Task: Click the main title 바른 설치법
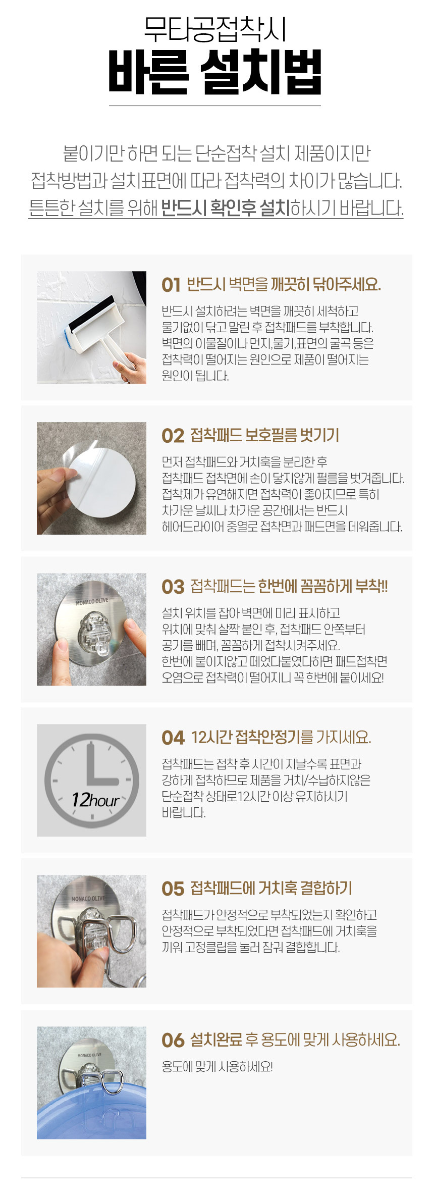[215, 72]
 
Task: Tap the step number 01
[171, 285]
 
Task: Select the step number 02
[173, 436]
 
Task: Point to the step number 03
[173, 587]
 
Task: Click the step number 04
[173, 738]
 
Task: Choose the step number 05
[173, 889]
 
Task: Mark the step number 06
[173, 1041]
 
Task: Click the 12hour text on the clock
[95, 800]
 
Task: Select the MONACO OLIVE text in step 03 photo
[92, 601]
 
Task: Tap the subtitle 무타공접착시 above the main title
[215, 29]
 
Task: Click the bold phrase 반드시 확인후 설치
[226, 207]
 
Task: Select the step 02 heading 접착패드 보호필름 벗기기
[265, 435]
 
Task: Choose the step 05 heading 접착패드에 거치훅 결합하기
[272, 889]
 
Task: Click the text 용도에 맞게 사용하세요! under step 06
[218, 1067]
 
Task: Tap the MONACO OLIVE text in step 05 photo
[88, 899]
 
